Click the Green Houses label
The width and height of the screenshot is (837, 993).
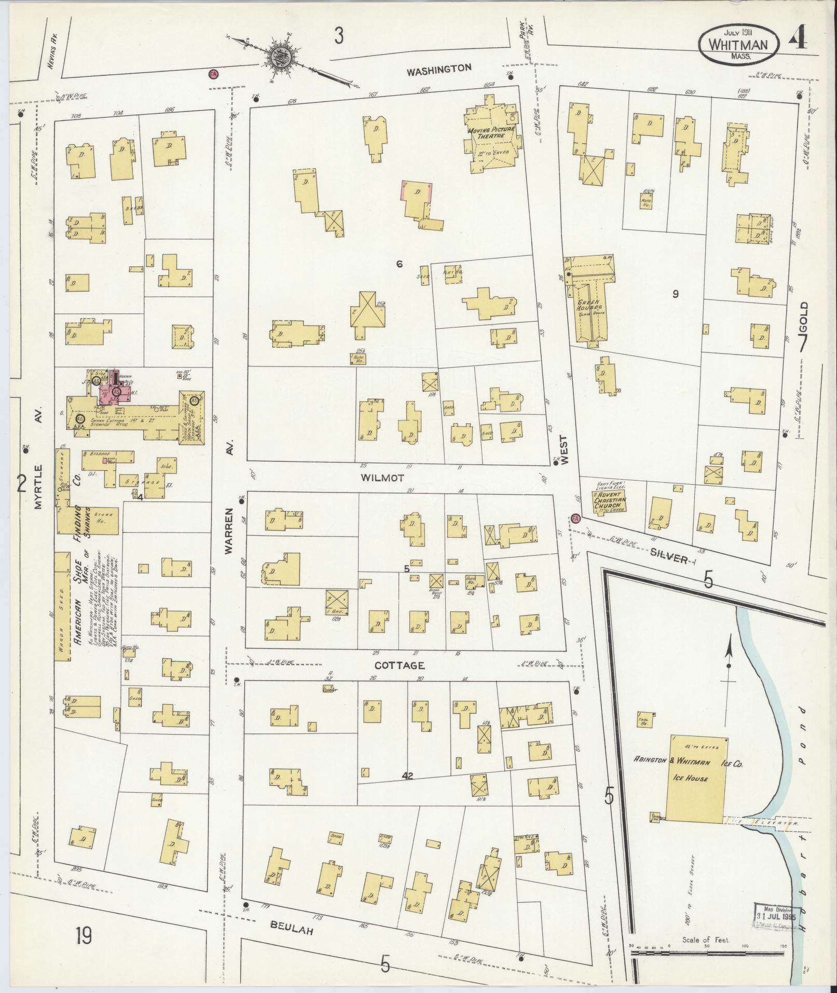point(591,304)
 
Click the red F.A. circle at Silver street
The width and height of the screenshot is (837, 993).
point(575,518)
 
